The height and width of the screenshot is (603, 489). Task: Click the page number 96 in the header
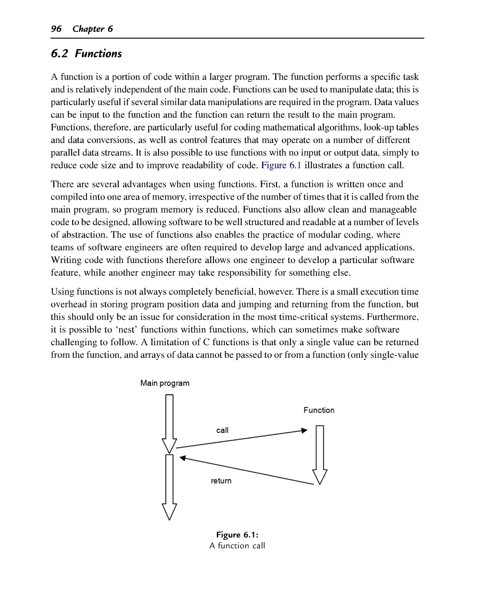pos(56,29)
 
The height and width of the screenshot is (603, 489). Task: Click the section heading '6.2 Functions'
pos(86,54)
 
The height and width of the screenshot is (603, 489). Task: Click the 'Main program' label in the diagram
pos(165,383)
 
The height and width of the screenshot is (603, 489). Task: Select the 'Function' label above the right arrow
pos(319,410)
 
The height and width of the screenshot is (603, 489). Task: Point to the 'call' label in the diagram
pos(222,430)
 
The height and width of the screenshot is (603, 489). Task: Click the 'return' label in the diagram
pos(221,480)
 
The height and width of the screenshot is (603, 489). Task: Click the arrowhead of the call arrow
pos(304,430)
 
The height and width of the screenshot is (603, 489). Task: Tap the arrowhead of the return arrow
pos(183,457)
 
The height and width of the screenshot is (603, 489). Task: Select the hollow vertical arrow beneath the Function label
pos(319,454)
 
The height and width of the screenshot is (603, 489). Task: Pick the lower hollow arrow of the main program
pos(170,487)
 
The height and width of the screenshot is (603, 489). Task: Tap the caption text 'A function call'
pos(237,546)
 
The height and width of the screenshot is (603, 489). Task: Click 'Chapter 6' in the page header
pos(93,29)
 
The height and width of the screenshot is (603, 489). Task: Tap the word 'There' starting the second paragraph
pos(63,184)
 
